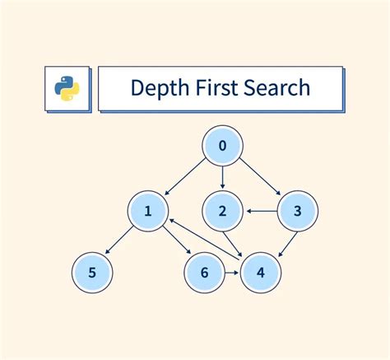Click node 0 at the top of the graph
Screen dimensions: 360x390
pos(223,148)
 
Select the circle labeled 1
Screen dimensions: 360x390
pos(149,211)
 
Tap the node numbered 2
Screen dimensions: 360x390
pos(223,211)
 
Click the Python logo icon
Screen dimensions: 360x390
pos(65,88)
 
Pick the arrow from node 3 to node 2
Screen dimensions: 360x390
pos(261,211)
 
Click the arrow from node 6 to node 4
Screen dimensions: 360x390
pos(232,272)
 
